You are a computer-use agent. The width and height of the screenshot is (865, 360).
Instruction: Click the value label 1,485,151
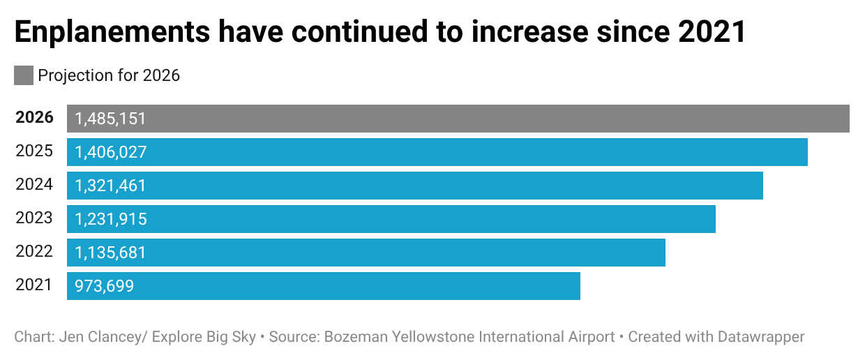pyautogui.click(x=110, y=119)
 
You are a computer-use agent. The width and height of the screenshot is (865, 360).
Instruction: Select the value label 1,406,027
pyautogui.click(x=111, y=152)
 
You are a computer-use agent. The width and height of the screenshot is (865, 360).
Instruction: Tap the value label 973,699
pyautogui.click(x=104, y=286)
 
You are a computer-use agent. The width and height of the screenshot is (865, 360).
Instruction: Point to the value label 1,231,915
pyautogui.click(x=111, y=219)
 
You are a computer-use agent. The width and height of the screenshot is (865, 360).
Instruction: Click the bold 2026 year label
pyautogui.click(x=34, y=118)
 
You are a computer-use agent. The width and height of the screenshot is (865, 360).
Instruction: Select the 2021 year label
pyautogui.click(x=34, y=285)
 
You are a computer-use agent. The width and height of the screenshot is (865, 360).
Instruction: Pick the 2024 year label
pyautogui.click(x=34, y=185)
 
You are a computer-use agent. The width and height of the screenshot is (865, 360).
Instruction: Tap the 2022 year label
pyautogui.click(x=34, y=252)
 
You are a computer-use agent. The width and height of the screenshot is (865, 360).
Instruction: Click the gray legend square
pyautogui.click(x=24, y=75)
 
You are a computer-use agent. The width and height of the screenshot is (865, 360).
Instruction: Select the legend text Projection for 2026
pyautogui.click(x=109, y=75)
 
